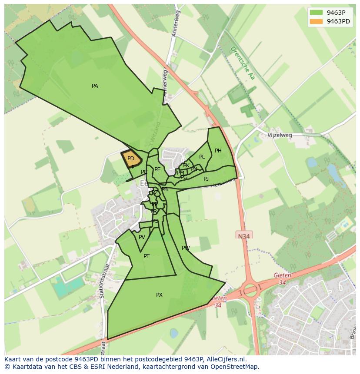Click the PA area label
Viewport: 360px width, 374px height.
(95, 86)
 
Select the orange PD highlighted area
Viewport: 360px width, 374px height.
(131, 159)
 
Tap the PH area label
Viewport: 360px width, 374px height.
(218, 151)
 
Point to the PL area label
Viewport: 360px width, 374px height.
(202, 157)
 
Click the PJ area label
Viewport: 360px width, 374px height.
(206, 179)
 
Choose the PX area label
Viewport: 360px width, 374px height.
(159, 295)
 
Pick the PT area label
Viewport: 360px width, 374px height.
(147, 256)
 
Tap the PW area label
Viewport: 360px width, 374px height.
(186, 248)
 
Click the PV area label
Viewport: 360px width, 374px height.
(142, 237)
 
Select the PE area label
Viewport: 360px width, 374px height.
(157, 169)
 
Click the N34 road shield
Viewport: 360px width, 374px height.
(244, 236)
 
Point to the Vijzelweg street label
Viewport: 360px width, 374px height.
(280, 135)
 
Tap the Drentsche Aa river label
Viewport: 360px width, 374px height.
(243, 63)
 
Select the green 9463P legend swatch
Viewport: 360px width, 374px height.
(316, 13)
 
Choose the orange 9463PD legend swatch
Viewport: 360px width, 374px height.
(316, 21)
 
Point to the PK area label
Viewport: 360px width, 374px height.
(186, 165)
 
